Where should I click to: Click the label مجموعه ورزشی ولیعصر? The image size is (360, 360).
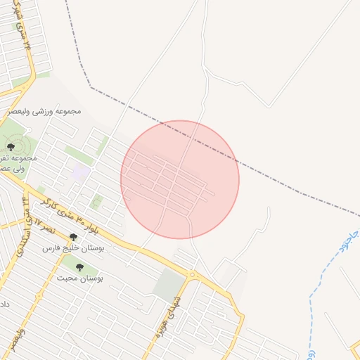44,111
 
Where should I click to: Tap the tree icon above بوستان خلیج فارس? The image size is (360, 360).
73,238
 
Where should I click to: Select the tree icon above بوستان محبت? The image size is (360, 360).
79,267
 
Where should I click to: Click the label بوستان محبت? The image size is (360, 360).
79,278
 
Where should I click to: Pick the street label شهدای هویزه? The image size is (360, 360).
172,307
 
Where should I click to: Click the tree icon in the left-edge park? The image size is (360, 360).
11,146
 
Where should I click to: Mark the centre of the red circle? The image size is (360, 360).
180,179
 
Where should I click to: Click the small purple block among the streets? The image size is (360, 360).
82,171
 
